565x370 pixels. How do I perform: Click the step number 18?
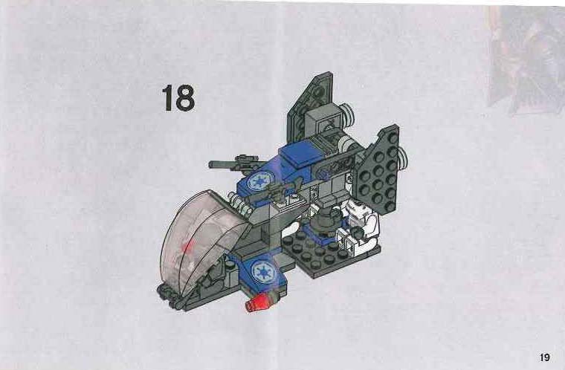pyautogui.click(x=178, y=97)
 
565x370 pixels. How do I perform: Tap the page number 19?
pyautogui.click(x=545, y=357)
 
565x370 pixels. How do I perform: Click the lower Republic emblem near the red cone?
pyautogui.click(x=263, y=271)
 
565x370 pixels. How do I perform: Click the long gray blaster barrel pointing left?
pyautogui.click(x=230, y=164)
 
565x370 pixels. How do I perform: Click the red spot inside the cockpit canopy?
pyautogui.click(x=187, y=248)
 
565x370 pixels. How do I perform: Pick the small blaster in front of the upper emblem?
pyautogui.click(x=277, y=190)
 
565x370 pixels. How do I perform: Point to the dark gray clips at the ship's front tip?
pyautogui.click(x=169, y=296)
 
